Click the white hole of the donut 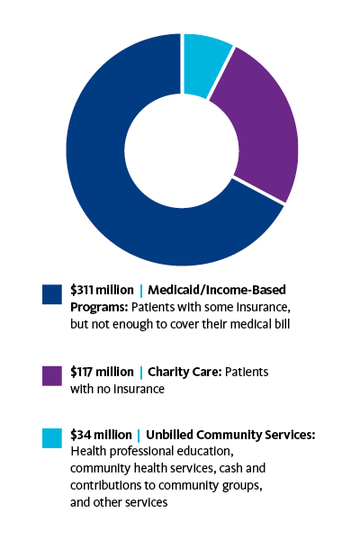coord(182,149)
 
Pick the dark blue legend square coord(52,294)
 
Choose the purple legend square coord(52,375)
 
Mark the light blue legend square coord(52,438)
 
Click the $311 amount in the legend coord(82,290)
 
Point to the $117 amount coord(81,372)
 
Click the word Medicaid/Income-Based coord(217,290)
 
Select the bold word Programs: coord(99,307)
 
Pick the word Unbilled coord(169,435)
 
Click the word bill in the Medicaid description coord(283,324)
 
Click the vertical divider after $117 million coord(141,373)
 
